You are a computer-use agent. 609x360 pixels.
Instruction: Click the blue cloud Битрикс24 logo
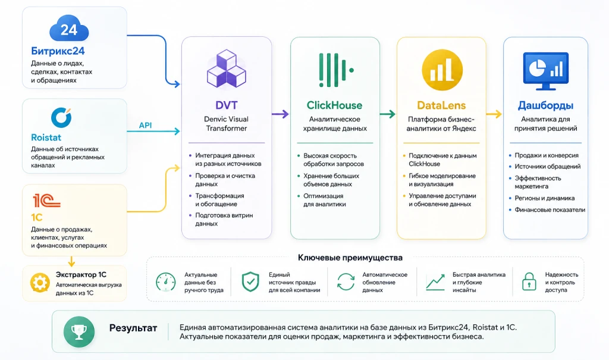pos(69,28)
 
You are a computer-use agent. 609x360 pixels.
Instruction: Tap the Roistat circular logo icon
pos(61,117)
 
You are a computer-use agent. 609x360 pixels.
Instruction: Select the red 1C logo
pos(46,201)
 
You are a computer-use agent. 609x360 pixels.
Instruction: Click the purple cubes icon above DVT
pos(227,68)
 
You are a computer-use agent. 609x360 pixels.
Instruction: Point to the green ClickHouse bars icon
pos(336,70)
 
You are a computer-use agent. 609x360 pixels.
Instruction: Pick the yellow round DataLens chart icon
pos(442,70)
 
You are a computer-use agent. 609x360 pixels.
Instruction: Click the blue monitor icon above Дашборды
pos(546,71)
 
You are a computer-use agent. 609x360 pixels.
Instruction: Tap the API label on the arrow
pos(145,125)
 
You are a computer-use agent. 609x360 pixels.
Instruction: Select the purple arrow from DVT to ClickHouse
pos(280,114)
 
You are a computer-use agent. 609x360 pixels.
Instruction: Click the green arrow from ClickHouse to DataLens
pos(387,114)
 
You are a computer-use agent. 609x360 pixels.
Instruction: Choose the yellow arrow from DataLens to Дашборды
pos(494,114)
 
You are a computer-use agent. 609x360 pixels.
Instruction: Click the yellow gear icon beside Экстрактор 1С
pos(40,283)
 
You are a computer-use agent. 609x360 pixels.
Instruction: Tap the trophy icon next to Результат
pos(79,331)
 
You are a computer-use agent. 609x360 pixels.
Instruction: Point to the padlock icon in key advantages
pos(529,281)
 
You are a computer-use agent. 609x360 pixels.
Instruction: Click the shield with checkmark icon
pos(250,281)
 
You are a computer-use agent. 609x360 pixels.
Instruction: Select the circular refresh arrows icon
pos(346,282)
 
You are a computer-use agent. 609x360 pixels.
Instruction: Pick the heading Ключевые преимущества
pos(350,258)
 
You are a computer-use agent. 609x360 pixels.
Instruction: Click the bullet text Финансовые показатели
pos(550,210)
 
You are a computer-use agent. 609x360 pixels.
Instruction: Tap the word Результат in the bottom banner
pos(133,328)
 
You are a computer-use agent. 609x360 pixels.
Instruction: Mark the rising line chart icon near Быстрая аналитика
pos(435,282)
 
